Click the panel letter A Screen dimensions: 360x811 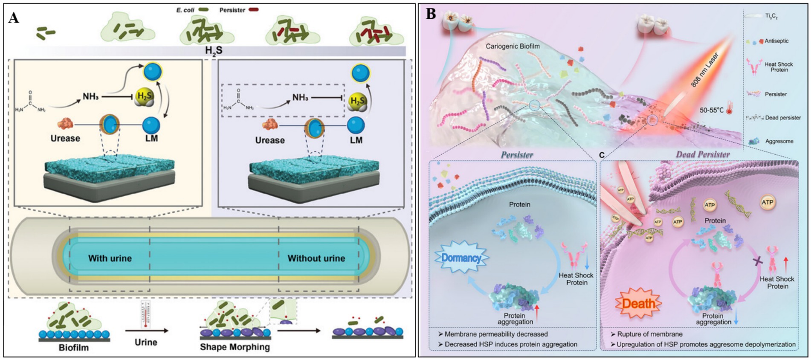(14, 18)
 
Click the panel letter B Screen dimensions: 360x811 (431, 14)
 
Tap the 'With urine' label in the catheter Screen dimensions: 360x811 (110, 258)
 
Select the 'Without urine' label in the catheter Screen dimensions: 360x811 (316, 258)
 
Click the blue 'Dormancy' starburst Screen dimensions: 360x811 (461, 258)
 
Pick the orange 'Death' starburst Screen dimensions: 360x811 (638, 303)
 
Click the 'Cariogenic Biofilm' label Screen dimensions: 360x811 (513, 46)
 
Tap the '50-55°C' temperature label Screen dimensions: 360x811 (711, 110)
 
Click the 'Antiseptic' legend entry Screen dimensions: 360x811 (776, 41)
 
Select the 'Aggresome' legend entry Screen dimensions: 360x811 (779, 141)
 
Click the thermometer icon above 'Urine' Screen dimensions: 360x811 (145, 314)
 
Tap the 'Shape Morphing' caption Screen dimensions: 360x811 (235, 347)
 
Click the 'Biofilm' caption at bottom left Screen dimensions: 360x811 (74, 347)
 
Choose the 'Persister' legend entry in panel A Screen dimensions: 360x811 (232, 10)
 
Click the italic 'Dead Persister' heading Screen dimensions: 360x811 (703, 154)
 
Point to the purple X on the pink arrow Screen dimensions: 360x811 (757, 261)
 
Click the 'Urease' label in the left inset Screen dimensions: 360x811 (65, 138)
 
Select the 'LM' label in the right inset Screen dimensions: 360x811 (356, 140)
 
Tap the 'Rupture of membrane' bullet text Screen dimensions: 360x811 (649, 334)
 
